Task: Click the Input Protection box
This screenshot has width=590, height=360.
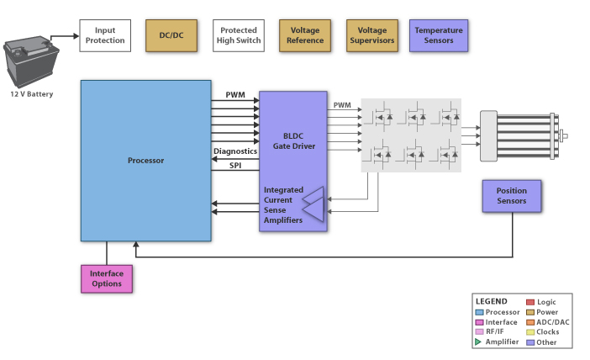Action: [105, 35]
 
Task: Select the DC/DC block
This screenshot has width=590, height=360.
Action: [171, 35]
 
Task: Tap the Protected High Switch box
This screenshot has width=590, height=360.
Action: [238, 35]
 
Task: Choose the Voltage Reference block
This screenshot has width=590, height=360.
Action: [305, 35]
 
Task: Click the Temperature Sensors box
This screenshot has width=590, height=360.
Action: [439, 35]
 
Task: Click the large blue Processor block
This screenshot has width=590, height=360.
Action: [145, 160]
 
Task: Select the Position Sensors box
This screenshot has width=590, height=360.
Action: [511, 196]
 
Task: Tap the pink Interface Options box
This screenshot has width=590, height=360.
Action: [107, 278]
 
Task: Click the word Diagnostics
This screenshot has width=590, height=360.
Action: [234, 151]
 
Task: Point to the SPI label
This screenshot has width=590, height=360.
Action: [235, 166]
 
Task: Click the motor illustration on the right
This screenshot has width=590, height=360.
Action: [521, 135]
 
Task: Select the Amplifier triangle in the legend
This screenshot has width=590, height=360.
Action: [479, 341]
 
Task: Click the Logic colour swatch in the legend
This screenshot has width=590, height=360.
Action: [529, 301]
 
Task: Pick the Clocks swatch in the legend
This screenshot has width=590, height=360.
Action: [529, 331]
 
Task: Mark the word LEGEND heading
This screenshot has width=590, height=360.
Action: [491, 301]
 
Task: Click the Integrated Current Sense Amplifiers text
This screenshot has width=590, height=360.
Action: [282, 204]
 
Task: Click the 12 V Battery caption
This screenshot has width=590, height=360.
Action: [31, 94]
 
